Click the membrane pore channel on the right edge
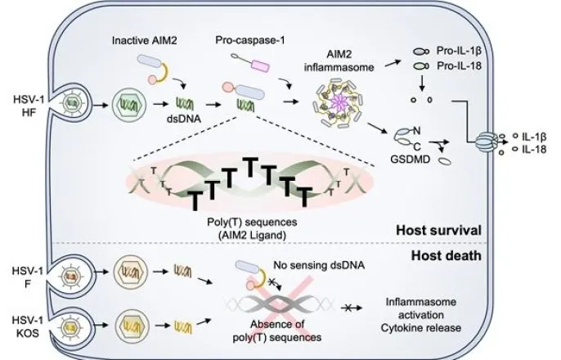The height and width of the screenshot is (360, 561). click(x=492, y=144)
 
